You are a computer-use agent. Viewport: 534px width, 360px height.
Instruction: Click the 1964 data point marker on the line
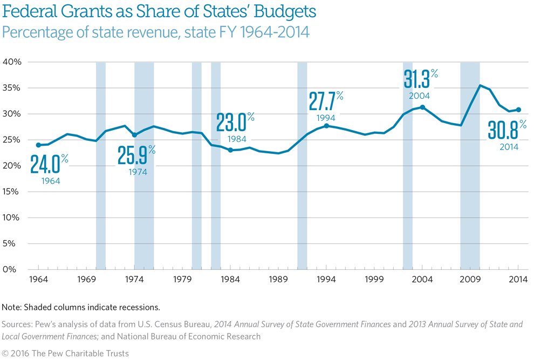(38, 145)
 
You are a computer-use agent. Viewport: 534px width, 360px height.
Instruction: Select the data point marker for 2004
(422, 107)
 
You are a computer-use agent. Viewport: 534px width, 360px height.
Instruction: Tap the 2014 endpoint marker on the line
(518, 110)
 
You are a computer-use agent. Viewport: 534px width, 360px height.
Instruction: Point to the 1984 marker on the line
(230, 150)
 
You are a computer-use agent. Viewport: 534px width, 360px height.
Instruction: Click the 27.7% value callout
(325, 101)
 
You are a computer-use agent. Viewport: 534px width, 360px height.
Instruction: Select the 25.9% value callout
(136, 156)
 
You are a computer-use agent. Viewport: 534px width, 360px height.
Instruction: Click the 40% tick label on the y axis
(12, 62)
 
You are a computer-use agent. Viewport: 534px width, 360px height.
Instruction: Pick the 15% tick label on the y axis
(12, 192)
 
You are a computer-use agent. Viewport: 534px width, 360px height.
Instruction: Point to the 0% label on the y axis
(14, 269)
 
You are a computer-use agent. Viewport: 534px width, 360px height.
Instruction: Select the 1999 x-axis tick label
(374, 279)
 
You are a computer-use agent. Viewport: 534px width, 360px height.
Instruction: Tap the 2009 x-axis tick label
(470, 279)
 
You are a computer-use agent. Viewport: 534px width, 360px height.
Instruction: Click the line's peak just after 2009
(480, 85)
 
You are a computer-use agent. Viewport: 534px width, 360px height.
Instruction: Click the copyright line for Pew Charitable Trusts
(65, 353)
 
